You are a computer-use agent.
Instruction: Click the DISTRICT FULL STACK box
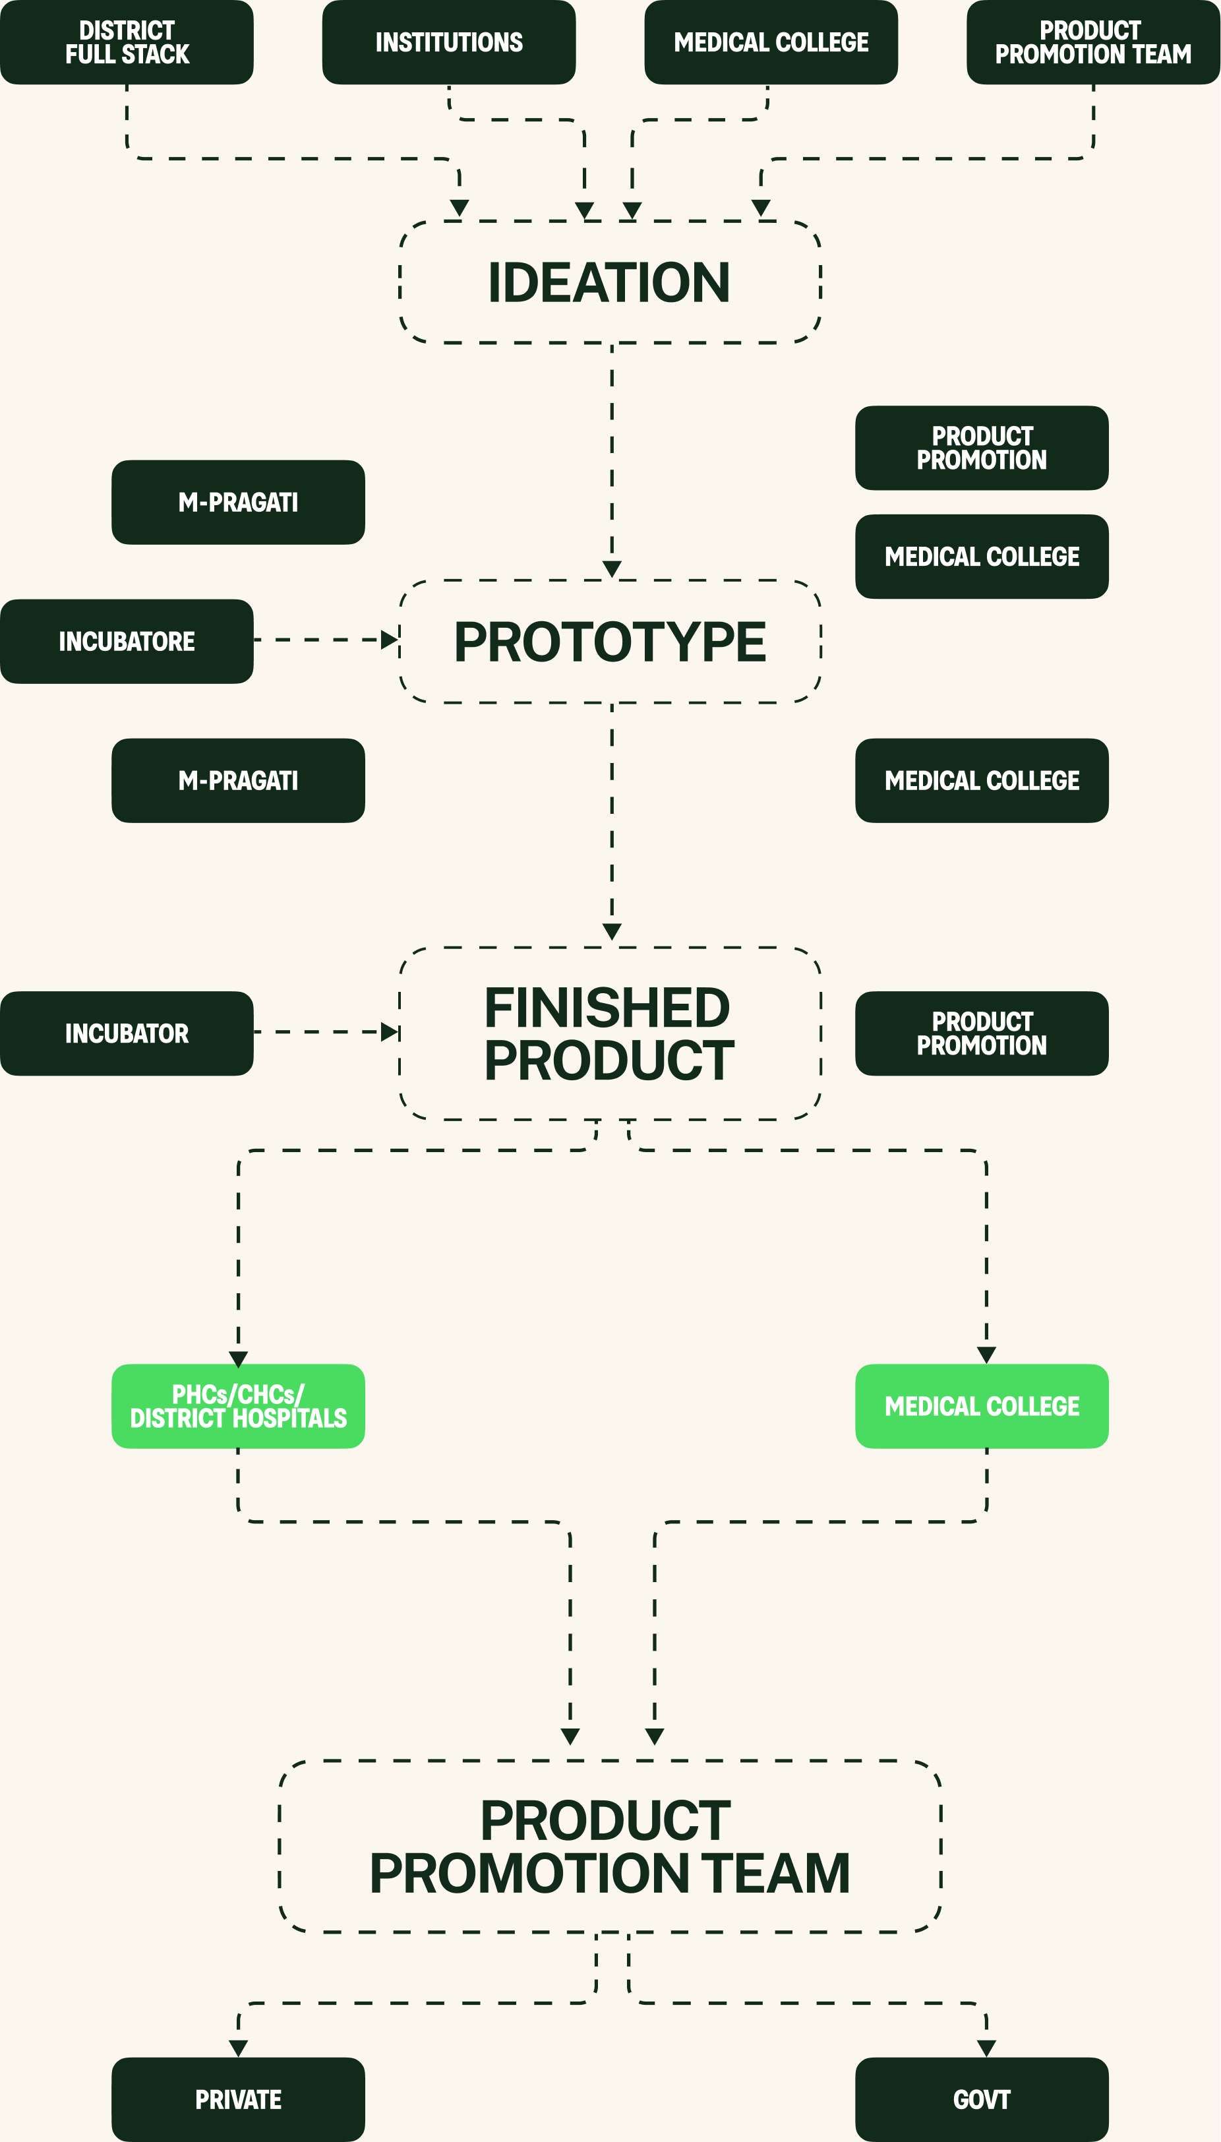(x=127, y=42)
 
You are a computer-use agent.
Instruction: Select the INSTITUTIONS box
(x=449, y=42)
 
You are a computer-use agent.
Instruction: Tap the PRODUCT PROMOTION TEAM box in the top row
(x=1092, y=42)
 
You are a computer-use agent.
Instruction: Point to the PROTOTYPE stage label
(x=610, y=642)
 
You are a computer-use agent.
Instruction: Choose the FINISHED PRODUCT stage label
(x=610, y=1033)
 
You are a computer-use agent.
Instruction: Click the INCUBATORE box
(x=127, y=642)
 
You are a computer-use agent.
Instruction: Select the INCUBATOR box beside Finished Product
(x=127, y=1033)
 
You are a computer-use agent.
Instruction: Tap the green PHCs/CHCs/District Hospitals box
(x=238, y=1407)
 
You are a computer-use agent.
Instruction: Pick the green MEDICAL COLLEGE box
(x=982, y=1407)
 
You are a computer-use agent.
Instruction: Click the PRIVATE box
(x=238, y=2099)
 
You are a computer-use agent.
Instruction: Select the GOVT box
(x=982, y=2099)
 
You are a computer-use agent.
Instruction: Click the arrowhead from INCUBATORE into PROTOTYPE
(x=389, y=640)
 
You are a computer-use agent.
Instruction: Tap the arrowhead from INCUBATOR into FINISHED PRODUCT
(x=389, y=1031)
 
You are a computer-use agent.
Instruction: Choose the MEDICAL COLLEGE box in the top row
(x=771, y=42)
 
